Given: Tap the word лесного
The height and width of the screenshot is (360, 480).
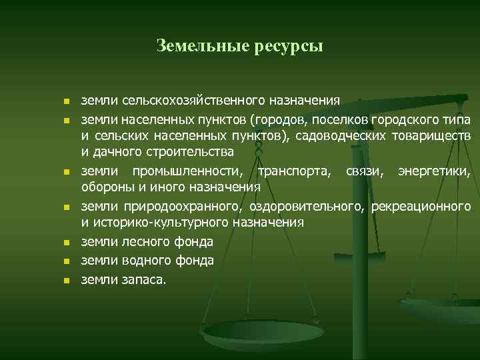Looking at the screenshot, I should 141,241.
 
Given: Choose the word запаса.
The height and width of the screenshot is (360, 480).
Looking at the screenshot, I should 143,280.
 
